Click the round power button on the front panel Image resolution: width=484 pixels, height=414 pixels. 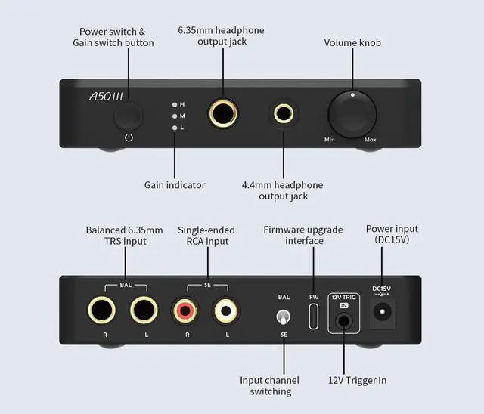129,116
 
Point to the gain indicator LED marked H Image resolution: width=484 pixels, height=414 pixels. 175,104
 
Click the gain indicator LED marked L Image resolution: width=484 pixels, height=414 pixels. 175,128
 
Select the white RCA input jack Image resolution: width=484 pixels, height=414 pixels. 224,310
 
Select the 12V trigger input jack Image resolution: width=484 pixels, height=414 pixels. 344,320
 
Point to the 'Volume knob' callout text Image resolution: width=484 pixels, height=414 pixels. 352,43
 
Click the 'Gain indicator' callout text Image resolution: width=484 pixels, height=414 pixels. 175,184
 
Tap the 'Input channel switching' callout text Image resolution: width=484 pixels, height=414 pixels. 269,385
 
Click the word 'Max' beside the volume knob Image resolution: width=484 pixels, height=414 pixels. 370,141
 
